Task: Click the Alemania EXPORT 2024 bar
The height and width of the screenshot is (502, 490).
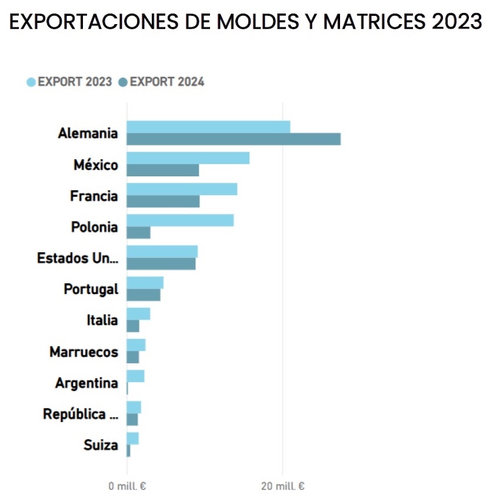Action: (x=234, y=139)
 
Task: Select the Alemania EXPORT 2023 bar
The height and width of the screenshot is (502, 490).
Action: (x=208, y=127)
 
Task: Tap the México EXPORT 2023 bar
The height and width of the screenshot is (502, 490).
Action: (x=188, y=158)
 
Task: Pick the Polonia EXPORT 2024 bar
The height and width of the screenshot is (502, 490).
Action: (x=138, y=233)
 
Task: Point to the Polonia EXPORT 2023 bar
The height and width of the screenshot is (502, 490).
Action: (x=180, y=220)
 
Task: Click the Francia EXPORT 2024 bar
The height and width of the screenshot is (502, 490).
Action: (x=163, y=202)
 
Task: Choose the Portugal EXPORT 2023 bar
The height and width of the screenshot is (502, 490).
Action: (x=145, y=283)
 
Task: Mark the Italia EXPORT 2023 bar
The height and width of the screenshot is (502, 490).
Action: (x=138, y=314)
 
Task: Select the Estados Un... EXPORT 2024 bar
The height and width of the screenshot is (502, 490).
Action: (x=161, y=264)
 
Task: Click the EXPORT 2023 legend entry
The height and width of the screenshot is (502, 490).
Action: (x=69, y=82)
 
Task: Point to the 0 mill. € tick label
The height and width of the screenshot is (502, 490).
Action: (x=127, y=487)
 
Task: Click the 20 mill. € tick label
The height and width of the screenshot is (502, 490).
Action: (x=283, y=487)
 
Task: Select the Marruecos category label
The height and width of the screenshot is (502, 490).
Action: (x=84, y=352)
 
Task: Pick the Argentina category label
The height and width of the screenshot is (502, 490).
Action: (x=86, y=383)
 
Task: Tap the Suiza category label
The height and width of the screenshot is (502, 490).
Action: (x=101, y=446)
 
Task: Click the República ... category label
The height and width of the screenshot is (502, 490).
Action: (x=81, y=414)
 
